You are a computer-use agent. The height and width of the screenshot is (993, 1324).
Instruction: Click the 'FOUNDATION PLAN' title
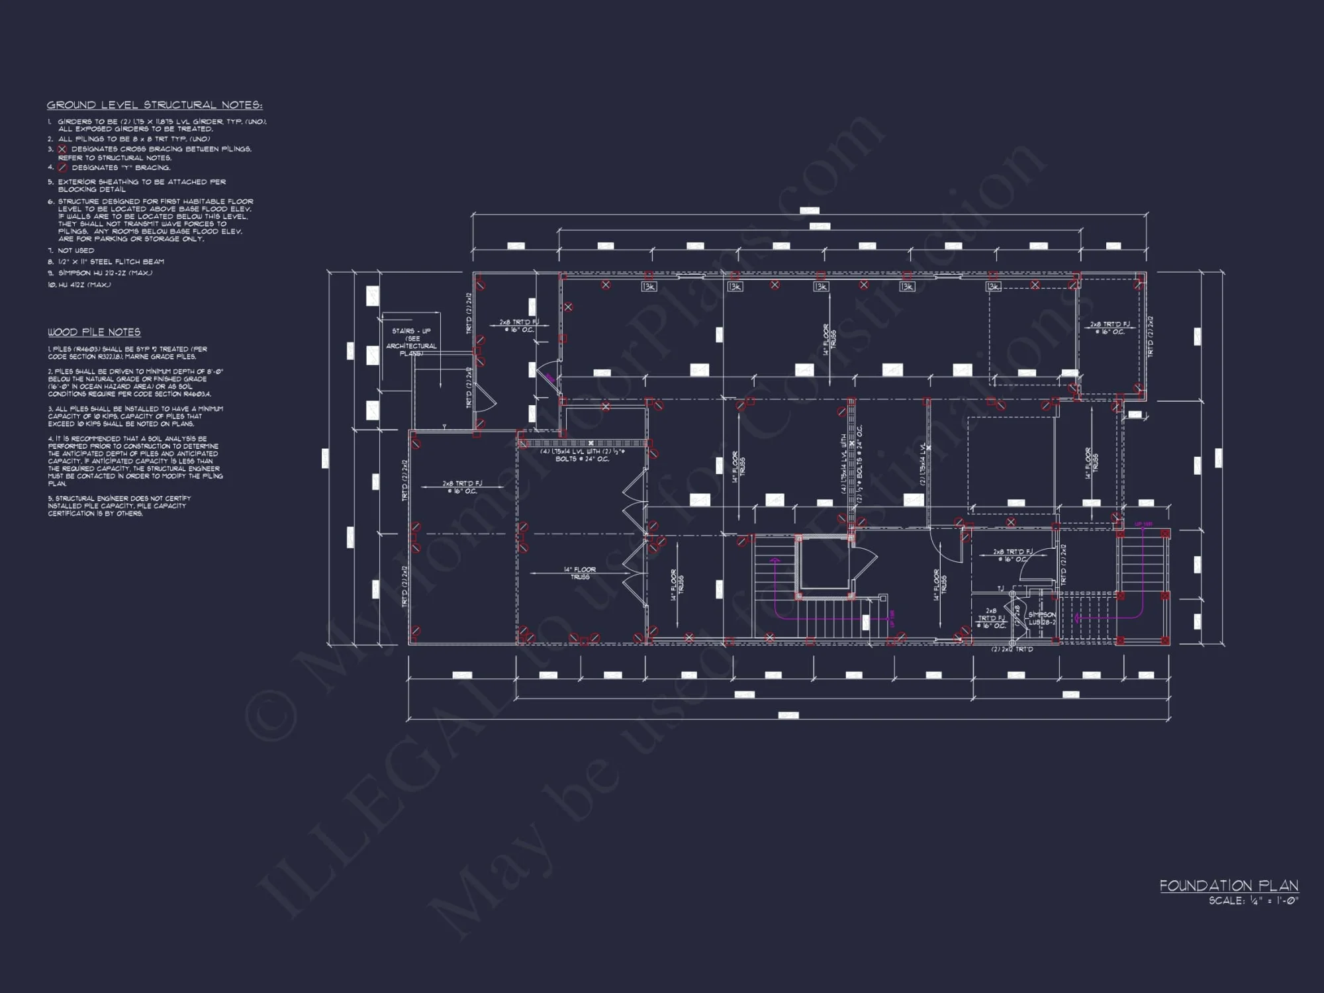[x=1229, y=886]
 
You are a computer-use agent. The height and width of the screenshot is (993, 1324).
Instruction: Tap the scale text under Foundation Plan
[x=1253, y=901]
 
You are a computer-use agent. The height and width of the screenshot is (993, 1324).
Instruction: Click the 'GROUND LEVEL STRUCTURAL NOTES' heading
[x=154, y=105]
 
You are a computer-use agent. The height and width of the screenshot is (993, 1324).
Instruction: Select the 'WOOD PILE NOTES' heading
[x=94, y=332]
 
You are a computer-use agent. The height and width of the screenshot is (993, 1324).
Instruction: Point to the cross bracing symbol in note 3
[x=62, y=150]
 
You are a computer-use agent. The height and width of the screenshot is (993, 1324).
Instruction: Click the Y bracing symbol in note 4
[x=62, y=167]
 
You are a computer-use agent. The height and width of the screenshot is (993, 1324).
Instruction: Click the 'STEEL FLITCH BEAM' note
[x=111, y=262]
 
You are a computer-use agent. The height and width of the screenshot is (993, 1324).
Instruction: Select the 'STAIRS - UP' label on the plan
[x=411, y=331]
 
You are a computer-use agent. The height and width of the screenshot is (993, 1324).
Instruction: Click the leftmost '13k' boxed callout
[x=649, y=287]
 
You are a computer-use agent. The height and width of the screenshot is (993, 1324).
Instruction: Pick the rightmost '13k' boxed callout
[x=993, y=287]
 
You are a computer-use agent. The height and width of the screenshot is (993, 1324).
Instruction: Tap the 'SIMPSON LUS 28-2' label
[x=1042, y=618]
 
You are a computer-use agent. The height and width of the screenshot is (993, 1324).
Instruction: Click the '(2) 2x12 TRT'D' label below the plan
[x=1012, y=649]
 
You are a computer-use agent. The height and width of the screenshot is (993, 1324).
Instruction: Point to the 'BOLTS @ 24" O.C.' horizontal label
[x=582, y=459]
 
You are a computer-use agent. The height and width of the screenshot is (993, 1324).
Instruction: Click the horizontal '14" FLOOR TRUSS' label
[x=580, y=573]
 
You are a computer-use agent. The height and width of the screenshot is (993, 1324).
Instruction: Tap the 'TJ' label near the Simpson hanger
[x=1000, y=589]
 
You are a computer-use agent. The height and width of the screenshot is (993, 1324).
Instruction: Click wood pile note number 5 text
[x=119, y=506]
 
